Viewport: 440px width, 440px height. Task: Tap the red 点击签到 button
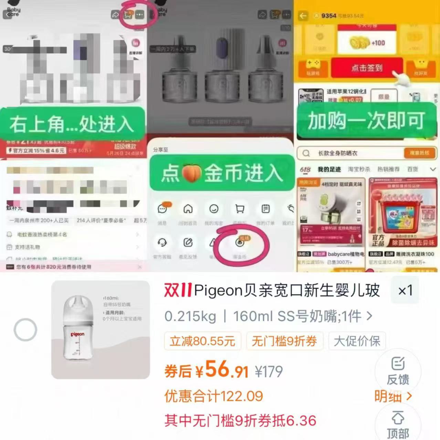[367, 68]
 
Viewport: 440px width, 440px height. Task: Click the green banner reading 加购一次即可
[366, 121]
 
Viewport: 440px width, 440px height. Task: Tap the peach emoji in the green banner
[191, 173]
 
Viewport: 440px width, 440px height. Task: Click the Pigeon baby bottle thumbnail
[101, 329]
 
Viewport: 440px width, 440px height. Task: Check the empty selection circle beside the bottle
[25, 330]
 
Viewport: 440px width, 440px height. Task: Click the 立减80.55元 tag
[202, 341]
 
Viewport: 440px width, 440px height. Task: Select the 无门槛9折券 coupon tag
[284, 341]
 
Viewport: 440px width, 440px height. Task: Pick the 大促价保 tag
[357, 341]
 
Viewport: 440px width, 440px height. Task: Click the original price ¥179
[269, 371]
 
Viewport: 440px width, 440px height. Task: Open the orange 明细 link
[392, 396]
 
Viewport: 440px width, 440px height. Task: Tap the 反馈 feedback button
[398, 371]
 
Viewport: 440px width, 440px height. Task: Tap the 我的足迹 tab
[329, 169]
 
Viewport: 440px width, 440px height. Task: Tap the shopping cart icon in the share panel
[240, 209]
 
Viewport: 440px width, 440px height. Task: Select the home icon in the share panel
[188, 209]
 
